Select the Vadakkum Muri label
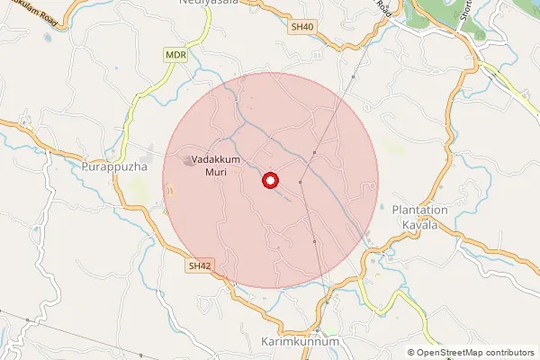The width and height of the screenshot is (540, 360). pyautogui.click(x=215, y=164)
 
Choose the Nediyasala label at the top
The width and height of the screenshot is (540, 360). pyautogui.click(x=202, y=4)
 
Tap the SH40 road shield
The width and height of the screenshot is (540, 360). pyautogui.click(x=302, y=28)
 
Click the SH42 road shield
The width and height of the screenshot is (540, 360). pyautogui.click(x=199, y=266)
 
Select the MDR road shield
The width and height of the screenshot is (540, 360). pyautogui.click(x=175, y=55)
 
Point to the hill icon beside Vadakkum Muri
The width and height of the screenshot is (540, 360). pyautogui.click(x=188, y=161)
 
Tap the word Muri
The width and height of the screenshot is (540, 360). pyautogui.click(x=215, y=171)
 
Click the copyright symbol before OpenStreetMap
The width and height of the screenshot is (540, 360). pyautogui.click(x=411, y=353)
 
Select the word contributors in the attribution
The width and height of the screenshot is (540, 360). pyautogui.click(x=510, y=353)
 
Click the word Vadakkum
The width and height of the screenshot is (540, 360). pyautogui.click(x=215, y=157)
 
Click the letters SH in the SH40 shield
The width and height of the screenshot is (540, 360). pyautogui.click(x=298, y=28)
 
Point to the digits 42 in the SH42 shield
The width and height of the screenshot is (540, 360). pyautogui.click(x=203, y=266)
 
